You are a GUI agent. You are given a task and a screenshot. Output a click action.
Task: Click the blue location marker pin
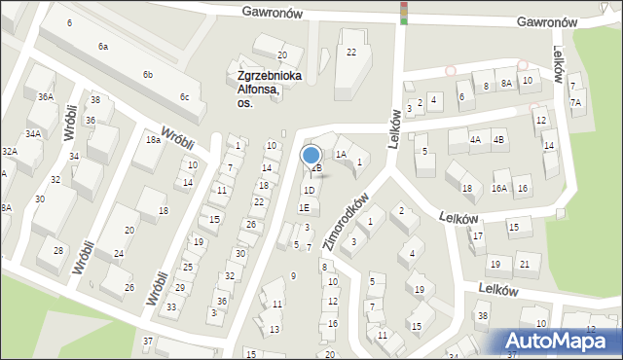311,156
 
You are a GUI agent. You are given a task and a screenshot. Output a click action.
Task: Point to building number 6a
102,47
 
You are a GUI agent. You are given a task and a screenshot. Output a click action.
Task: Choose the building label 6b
148,75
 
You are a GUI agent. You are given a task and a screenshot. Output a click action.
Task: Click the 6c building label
184,96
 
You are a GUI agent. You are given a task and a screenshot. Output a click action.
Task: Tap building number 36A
46,97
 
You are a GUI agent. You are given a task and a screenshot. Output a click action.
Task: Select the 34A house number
33,134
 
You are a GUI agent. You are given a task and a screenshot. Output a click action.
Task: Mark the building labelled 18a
153,140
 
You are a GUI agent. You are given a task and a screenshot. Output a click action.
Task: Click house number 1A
341,154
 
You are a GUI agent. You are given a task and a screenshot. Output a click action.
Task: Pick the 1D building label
309,190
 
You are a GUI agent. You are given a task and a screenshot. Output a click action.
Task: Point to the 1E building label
304,207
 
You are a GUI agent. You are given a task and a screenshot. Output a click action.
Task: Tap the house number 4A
475,139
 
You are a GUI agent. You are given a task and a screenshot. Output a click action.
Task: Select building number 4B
499,139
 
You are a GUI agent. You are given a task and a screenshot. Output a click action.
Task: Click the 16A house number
499,189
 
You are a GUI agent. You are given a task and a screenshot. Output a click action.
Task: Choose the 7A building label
575,102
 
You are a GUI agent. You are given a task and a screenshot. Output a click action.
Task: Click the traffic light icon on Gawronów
404,12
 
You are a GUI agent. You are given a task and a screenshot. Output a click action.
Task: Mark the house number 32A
9,152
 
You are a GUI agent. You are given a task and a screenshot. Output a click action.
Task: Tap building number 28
58,251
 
